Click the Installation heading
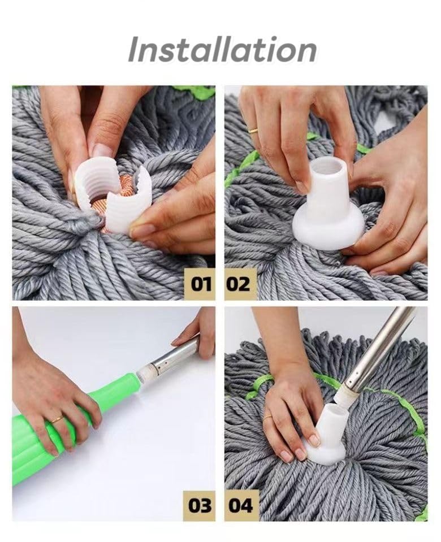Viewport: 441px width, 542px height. tap(222, 50)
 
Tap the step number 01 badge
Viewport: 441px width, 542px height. tap(200, 284)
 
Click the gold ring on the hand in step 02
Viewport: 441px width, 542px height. tap(253, 131)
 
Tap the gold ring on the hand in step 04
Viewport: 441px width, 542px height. tap(267, 418)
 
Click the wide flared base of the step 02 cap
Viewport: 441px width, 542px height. tap(328, 232)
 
